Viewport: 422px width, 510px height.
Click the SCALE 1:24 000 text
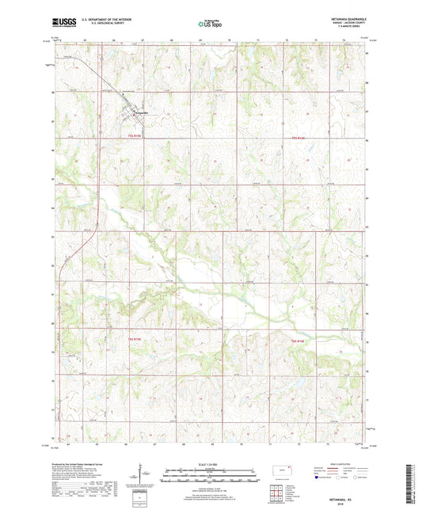pos(211,463)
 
